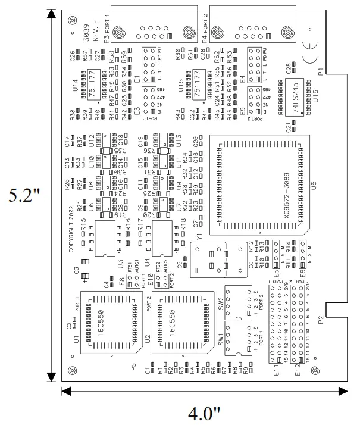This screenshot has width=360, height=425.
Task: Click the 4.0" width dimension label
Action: (204, 412)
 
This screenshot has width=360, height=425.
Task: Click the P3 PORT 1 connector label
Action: (108, 28)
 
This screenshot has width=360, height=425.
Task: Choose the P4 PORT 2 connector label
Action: (205, 28)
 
